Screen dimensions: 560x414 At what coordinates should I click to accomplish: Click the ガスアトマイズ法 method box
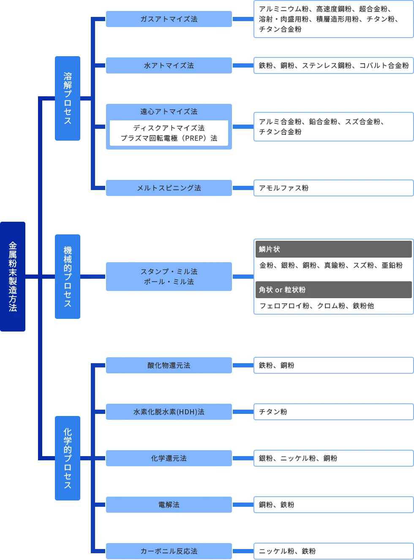coord(169,19)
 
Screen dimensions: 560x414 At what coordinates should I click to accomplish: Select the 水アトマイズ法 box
coord(169,65)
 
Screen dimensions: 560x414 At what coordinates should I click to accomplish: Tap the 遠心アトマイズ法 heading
coord(169,111)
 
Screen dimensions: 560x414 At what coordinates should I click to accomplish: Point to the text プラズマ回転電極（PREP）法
coord(169,138)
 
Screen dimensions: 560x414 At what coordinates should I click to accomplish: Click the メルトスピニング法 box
coord(169,188)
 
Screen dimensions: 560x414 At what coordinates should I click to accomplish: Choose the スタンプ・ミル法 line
coord(169,272)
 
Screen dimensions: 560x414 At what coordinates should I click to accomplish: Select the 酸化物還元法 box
coord(169,365)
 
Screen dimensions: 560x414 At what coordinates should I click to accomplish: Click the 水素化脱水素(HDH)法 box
coord(169,412)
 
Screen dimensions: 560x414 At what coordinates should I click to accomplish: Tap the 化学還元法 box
coord(169,458)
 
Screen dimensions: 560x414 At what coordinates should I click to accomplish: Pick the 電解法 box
coord(169,505)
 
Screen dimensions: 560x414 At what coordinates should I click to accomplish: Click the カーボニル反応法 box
coord(169,551)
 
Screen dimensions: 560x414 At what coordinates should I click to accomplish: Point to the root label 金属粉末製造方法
coord(13,277)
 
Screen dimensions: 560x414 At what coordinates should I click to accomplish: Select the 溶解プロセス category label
coord(68,98)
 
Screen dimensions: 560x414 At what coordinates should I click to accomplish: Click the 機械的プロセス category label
coord(68,277)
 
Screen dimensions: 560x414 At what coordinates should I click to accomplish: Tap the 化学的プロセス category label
coord(68,459)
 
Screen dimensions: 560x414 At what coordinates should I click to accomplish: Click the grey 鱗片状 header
coord(333,249)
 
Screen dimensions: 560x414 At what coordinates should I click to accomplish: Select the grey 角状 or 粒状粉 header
coord(333,290)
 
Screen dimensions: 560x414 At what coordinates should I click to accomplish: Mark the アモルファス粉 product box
coord(333,188)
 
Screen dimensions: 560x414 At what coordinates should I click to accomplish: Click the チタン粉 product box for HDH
coord(333,412)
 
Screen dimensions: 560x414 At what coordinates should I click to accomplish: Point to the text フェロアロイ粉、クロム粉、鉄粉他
coord(316,306)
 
